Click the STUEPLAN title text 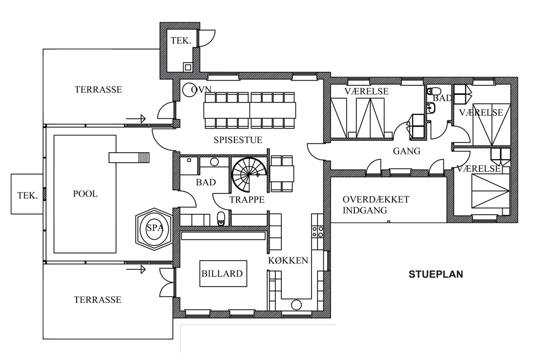436,274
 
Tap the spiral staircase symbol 247,175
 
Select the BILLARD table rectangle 223,274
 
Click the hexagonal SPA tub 153,227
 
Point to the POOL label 85,194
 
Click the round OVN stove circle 189,90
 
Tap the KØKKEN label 288,261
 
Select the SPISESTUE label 238,140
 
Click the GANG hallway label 407,151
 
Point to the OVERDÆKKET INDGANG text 376,205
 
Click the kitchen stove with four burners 318,232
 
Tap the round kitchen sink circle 296,305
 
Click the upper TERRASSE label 98,90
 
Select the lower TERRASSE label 97,300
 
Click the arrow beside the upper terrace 136,119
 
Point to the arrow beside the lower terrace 136,269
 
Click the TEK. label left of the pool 27,196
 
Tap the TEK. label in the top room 181,41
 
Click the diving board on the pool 129,158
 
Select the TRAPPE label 247,200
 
